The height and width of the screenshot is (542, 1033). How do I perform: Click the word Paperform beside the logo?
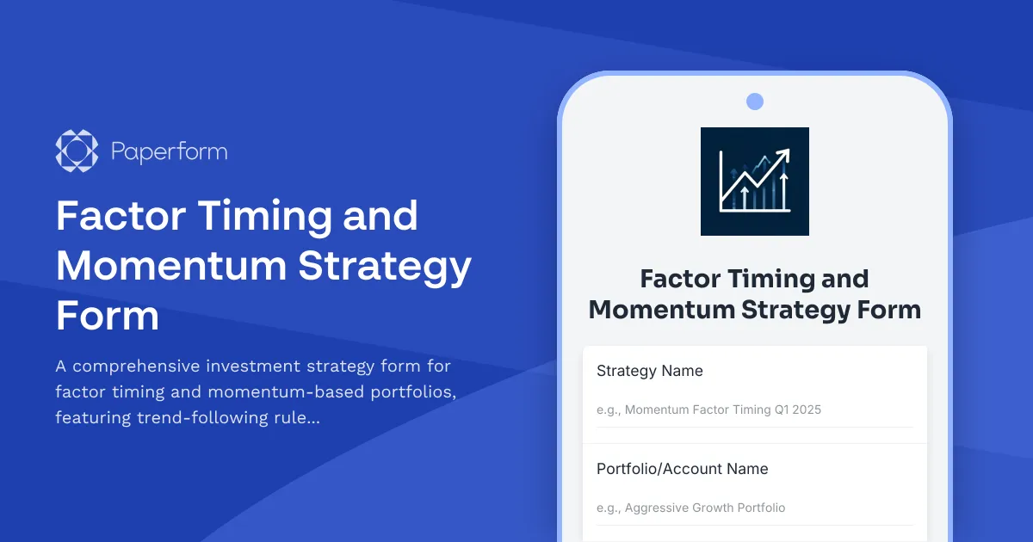[x=170, y=152]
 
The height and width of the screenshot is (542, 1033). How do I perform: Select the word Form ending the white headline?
[x=108, y=316]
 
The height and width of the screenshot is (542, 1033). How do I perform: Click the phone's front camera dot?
[x=754, y=102]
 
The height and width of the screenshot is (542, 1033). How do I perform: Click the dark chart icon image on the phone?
[x=754, y=181]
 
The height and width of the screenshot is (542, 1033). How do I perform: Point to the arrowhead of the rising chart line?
[x=783, y=155]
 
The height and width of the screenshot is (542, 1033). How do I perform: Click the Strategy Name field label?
[x=649, y=371]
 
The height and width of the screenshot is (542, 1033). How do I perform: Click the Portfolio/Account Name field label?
[x=682, y=469]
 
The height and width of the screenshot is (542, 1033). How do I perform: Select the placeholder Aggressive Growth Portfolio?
[x=705, y=508]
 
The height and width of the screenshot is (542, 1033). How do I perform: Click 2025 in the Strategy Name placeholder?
[x=807, y=410]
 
